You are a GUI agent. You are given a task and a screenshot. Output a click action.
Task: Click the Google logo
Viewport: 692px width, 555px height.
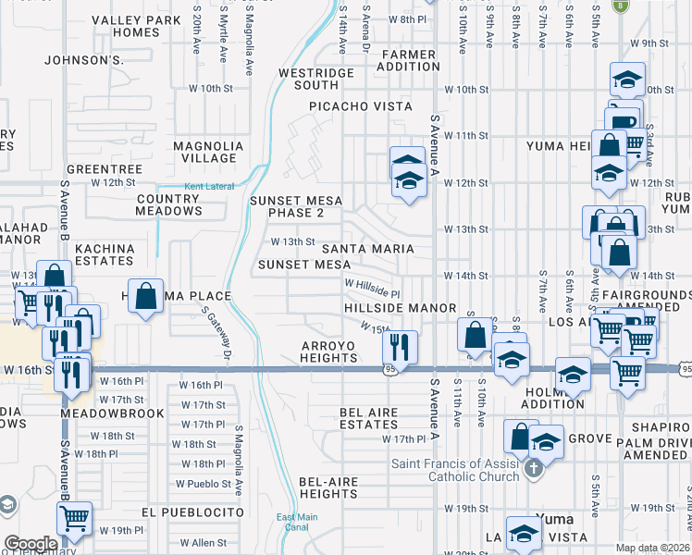coord(31,544)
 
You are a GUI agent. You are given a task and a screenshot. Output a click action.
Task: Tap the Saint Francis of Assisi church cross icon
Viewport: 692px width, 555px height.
coord(533,469)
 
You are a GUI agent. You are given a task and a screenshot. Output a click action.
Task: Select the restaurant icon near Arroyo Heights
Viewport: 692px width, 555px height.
coord(400,348)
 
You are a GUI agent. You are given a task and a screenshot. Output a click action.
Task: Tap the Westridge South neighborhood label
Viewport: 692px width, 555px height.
coord(317,79)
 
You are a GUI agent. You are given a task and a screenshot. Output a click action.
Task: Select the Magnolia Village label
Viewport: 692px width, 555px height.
coord(208,152)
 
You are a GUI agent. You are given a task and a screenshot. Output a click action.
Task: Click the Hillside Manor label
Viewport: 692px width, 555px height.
coord(401,307)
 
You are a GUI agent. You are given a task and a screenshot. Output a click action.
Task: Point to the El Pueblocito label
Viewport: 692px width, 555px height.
coord(193,512)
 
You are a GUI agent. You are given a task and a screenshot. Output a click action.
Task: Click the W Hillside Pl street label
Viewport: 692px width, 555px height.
coord(372,284)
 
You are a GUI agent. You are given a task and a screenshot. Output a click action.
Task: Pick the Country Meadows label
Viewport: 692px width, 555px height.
coord(168,204)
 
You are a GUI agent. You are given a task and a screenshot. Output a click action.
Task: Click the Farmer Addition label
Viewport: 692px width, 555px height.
coord(408,60)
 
